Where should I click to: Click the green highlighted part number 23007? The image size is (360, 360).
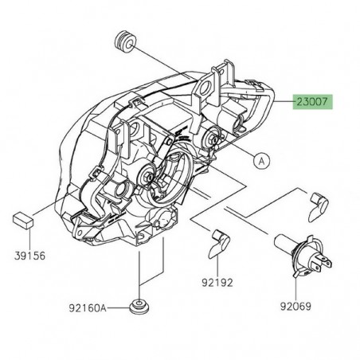(313, 102)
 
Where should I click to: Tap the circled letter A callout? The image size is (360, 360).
(260, 160)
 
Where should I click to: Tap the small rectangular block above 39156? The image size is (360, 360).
(21, 219)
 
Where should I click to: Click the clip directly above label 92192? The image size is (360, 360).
(219, 243)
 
